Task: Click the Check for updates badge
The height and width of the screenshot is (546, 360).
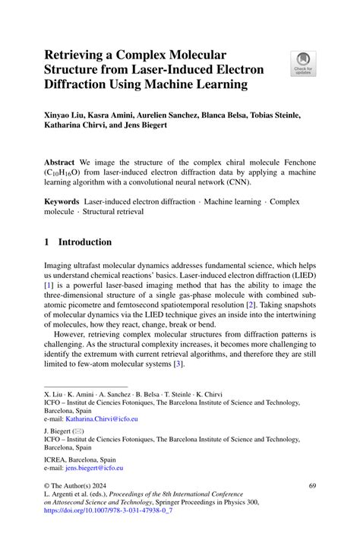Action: [304, 63]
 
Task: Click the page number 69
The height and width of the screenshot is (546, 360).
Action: [312, 484]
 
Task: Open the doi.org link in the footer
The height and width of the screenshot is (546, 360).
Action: [109, 512]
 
